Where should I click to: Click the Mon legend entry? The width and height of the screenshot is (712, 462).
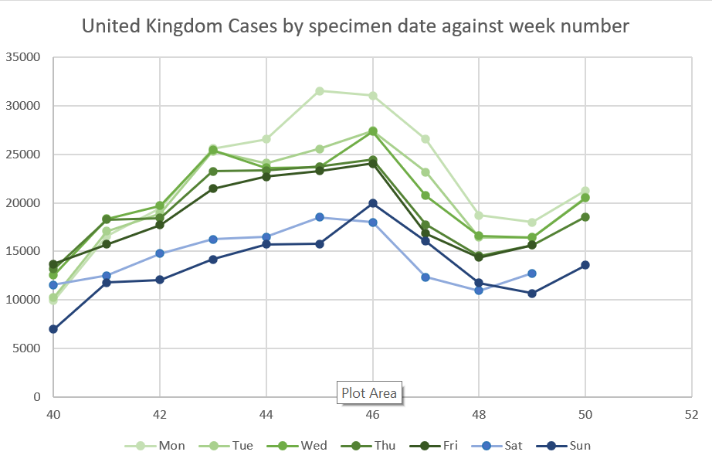[162, 446]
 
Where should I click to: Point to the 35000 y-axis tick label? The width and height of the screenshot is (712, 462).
[23, 57]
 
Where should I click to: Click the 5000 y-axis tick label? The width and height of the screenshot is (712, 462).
[26, 348]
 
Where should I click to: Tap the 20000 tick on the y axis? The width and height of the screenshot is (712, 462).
[23, 203]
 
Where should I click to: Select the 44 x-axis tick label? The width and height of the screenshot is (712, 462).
[266, 415]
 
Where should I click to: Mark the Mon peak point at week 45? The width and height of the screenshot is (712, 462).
[320, 91]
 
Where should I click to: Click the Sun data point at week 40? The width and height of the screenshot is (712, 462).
[53, 329]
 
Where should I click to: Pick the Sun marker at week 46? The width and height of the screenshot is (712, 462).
[373, 203]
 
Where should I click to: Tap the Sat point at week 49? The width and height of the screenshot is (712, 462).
[532, 273]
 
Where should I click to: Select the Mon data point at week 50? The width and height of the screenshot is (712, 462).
[585, 191]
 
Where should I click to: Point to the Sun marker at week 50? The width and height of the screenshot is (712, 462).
[585, 265]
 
